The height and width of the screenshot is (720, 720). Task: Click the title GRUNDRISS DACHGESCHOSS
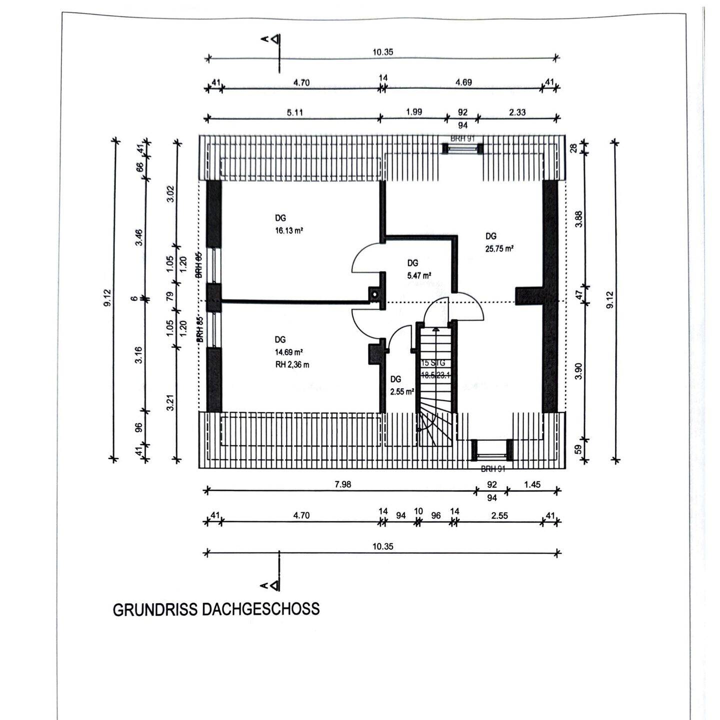216,609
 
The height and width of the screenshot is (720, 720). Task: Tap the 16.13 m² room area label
289,231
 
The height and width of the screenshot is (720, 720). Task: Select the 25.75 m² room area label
499,248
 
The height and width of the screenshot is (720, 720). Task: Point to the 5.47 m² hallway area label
419,275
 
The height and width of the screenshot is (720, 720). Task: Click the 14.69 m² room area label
290,352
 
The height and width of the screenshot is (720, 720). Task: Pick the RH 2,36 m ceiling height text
292,364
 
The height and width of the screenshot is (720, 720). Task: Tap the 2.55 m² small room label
402,392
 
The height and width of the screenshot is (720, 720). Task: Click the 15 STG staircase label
433,363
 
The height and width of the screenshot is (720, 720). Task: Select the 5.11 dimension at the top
295,112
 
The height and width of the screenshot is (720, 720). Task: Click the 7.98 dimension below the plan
343,484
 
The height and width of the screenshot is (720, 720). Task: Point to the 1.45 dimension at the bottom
532,484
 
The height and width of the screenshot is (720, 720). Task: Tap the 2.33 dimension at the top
517,112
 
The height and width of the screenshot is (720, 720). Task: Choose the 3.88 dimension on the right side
579,218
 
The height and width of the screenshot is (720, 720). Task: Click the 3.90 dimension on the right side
579,371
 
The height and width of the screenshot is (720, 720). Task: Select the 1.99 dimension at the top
413,112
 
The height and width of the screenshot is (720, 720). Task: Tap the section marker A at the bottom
270,584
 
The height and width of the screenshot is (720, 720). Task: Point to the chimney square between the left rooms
373,294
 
